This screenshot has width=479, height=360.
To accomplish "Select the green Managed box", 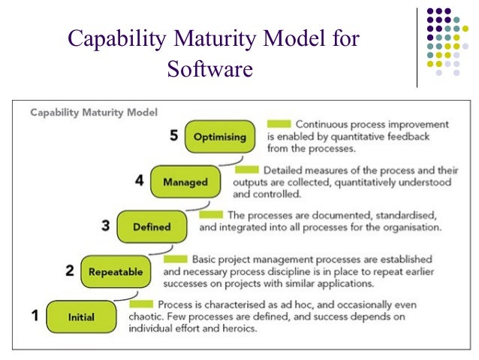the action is pos(180,182).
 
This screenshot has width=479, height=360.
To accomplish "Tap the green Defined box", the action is pos(152,227).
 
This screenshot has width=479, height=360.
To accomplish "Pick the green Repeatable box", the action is pos(115,272).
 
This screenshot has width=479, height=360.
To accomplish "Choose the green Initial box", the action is pos(81,317).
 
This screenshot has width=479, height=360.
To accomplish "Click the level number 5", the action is pos(173,136).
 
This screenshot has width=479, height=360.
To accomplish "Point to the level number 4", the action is pos(140,181).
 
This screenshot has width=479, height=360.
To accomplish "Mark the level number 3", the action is pos(105,225).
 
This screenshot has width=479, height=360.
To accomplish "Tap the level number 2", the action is pos(70,271).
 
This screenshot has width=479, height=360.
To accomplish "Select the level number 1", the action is pos(35,316).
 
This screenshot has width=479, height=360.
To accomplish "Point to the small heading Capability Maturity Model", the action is pos(94,113).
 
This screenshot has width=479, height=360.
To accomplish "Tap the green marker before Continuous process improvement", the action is pos(279,123).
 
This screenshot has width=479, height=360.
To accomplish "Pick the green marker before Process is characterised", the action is pos(141,304).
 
